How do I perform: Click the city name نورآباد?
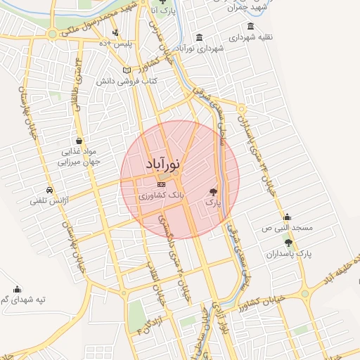click(163, 164)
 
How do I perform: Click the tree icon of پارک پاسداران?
click(288, 242)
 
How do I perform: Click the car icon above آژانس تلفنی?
click(49, 190)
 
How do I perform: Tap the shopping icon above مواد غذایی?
click(79, 140)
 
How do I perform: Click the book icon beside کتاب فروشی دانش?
click(127, 70)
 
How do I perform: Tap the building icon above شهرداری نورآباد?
click(200, 37)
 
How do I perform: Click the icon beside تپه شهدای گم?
click(17, 289)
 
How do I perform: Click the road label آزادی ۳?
click(147, 320)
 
